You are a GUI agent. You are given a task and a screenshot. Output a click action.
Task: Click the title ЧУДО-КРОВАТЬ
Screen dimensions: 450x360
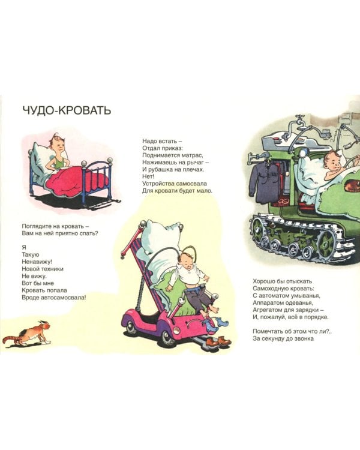(x=67, y=110)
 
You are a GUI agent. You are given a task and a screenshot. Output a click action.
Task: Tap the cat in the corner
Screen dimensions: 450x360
(x=26, y=334)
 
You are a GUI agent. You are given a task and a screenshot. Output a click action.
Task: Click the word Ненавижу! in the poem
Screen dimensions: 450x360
(x=37, y=262)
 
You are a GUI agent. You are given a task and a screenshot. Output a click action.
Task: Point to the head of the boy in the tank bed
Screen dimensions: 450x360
(x=332, y=161)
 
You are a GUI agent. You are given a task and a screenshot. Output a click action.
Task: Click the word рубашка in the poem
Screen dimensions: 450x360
(x=165, y=169)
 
